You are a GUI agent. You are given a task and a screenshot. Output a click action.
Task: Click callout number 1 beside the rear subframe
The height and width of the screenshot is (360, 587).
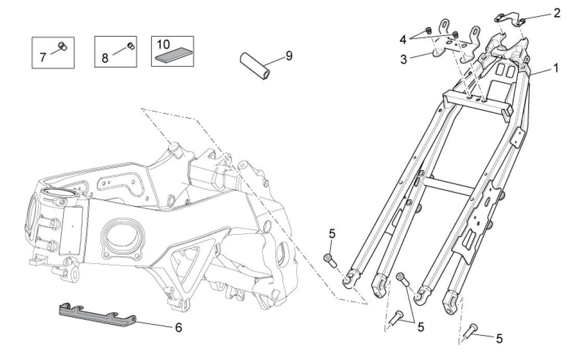point(555,68)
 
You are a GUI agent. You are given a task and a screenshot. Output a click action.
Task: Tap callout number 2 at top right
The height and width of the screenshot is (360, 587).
point(557,13)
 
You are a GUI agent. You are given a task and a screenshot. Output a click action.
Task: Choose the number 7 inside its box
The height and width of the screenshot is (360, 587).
point(43,57)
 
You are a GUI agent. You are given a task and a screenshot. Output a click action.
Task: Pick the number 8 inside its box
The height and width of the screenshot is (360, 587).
point(105,57)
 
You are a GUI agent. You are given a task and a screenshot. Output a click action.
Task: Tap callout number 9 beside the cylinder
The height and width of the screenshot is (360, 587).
point(289,55)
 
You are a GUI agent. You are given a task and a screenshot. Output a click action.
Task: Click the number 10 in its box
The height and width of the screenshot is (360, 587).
point(163,44)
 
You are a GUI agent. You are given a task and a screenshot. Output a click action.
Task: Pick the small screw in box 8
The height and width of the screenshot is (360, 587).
point(131,46)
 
